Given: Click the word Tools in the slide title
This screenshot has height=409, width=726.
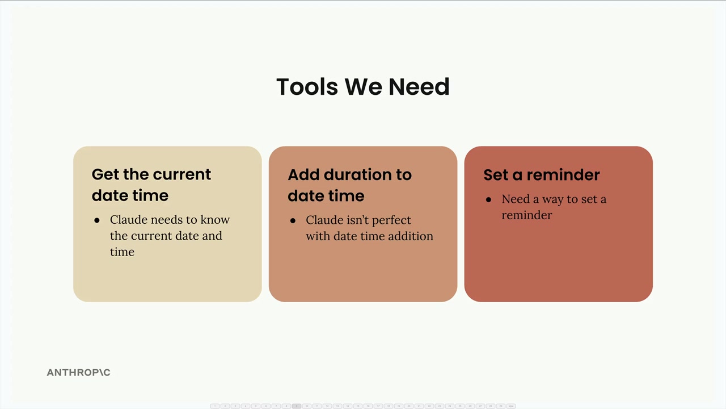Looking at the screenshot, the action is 307,87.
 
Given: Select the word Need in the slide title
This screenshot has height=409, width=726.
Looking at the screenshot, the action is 419,87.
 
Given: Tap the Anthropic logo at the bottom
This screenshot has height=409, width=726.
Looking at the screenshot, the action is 78,372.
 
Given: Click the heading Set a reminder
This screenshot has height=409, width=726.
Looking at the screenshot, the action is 542,174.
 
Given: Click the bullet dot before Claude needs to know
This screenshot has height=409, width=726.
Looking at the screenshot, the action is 97,220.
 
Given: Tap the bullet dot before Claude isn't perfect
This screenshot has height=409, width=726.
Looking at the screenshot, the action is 293,221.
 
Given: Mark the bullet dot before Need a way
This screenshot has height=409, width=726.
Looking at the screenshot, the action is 489,199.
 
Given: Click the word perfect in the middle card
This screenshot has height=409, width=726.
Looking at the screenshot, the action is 391,220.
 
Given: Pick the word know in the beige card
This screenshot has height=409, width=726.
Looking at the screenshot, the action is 215,219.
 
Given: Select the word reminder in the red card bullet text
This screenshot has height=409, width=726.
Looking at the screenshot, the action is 527,215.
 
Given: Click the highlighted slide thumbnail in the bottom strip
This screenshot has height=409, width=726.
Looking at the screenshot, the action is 296,406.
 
